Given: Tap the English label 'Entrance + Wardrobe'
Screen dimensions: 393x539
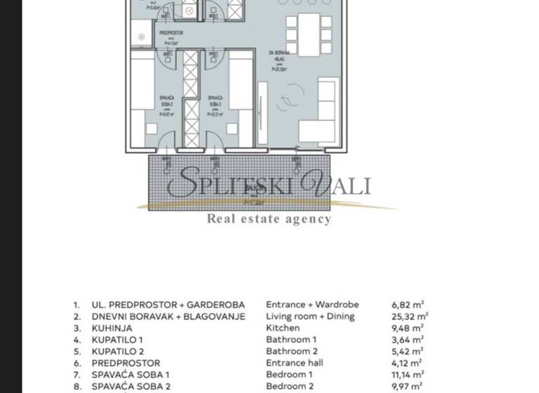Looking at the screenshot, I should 312,305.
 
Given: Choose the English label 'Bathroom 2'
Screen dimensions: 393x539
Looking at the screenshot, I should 292,352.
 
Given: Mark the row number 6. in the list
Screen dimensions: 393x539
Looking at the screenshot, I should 76,364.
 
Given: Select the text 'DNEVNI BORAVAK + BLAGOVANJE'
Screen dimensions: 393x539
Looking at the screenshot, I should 168,317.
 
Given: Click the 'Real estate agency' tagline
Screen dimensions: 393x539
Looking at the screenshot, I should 268,219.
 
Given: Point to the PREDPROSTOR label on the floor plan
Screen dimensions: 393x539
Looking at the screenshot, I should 172,33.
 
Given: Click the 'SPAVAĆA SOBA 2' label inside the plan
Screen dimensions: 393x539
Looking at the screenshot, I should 168,101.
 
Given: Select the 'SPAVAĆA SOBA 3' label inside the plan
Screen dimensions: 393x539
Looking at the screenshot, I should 215,101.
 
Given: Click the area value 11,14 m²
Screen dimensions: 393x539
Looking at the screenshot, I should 407,375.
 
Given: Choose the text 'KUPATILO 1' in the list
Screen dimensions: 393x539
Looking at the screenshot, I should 117,340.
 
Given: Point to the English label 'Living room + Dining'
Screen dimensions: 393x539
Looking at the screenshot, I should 310,317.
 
